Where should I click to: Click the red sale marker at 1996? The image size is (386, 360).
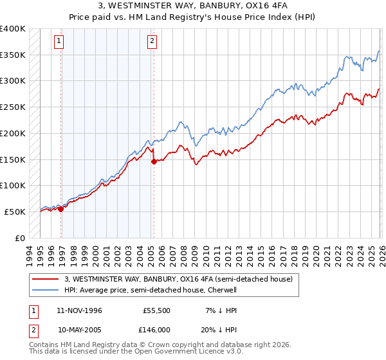coord(60,208)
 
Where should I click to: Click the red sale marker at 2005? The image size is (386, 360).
coord(154,162)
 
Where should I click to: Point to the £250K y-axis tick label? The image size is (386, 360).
coord(13,107)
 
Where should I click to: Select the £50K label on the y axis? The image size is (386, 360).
coord(15,212)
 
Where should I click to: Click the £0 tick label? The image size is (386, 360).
coord(20,238)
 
